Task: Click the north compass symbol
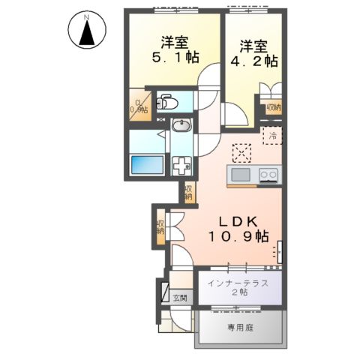(88, 31)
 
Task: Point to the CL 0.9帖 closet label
(139, 106)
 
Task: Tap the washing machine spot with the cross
(181, 166)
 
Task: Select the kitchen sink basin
(241, 175)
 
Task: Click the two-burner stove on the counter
(268, 175)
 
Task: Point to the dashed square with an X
(242, 153)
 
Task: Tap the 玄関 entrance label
(180, 298)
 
